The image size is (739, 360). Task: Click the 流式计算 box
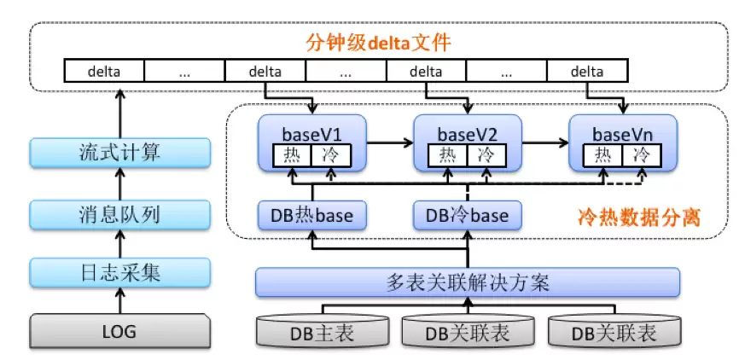(x=119, y=153)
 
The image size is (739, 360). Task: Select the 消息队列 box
(x=119, y=215)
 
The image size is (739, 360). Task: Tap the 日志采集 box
(x=119, y=272)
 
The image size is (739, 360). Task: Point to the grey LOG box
(x=119, y=331)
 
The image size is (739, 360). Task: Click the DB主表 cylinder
(x=323, y=332)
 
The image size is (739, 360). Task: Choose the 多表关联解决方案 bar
(x=468, y=282)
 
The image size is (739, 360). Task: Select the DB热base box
(x=312, y=215)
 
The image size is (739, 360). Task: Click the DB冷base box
(x=468, y=215)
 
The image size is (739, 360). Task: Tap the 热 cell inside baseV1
(x=292, y=155)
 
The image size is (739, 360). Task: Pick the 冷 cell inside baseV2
(x=486, y=155)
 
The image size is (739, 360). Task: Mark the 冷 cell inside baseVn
(x=642, y=155)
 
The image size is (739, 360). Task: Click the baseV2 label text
(x=468, y=134)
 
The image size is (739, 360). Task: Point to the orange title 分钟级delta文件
(x=378, y=44)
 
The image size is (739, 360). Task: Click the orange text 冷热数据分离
(x=638, y=218)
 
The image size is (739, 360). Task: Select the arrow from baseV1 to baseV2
(x=390, y=142)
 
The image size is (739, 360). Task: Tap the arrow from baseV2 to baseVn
(x=545, y=142)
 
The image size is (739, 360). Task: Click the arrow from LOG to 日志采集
(x=119, y=300)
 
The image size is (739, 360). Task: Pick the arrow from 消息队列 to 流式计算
(x=119, y=183)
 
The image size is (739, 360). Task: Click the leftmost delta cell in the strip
(x=104, y=72)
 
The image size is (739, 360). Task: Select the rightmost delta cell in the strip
(x=587, y=72)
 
